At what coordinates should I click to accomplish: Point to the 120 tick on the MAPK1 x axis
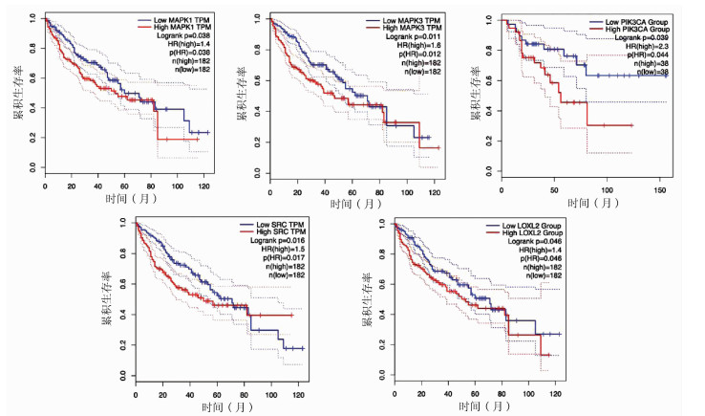198,183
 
